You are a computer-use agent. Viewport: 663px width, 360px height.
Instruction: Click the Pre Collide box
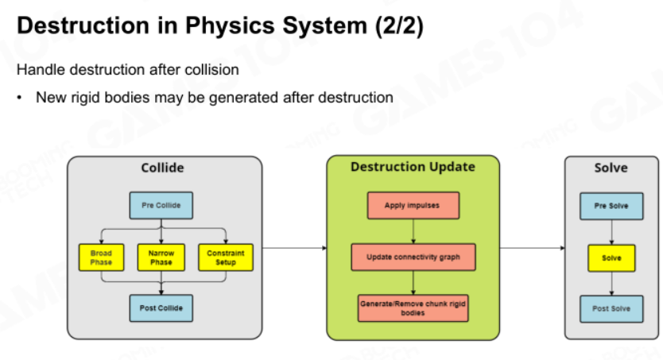161,205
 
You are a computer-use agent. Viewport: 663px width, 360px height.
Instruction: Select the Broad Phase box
102,257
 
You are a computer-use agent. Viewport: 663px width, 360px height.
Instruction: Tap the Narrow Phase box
161,257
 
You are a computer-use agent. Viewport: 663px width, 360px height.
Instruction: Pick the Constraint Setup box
226,257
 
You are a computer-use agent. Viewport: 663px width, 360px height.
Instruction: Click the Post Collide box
161,308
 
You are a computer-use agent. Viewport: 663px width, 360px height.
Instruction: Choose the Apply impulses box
413,205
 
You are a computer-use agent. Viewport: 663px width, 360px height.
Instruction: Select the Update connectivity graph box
413,257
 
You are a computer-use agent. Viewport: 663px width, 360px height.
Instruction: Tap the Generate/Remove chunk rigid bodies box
413,308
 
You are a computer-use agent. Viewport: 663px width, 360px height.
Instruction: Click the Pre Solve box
611,206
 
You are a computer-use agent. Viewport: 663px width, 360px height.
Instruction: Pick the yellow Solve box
611,257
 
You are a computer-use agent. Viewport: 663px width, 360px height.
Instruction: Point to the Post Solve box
611,309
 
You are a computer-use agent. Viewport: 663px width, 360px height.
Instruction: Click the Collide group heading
162,168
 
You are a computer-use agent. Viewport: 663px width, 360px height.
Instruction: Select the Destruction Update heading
413,167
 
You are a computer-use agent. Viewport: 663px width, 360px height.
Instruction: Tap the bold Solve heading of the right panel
611,168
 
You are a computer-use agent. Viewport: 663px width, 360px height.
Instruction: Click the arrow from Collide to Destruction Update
295,248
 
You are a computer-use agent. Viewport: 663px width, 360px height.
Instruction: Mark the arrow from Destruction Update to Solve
533,248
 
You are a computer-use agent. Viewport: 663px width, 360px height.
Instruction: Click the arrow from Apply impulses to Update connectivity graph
413,231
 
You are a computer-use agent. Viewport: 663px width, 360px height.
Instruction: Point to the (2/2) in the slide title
399,25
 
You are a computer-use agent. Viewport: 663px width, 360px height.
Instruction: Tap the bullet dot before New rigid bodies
19,98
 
